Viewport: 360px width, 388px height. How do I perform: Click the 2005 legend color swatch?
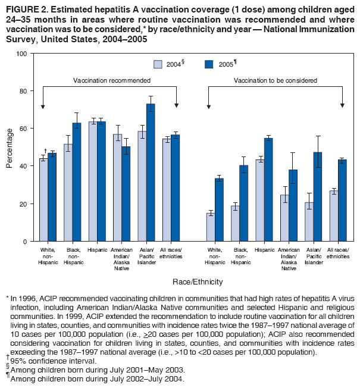click(209, 64)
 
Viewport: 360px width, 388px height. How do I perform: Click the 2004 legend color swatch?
click(159, 64)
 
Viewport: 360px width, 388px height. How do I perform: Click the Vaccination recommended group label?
click(112, 80)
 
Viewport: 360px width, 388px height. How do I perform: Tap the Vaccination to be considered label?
click(276, 80)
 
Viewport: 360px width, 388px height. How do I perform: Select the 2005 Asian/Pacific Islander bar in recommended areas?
click(151, 173)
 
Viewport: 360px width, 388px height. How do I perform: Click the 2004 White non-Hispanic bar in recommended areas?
click(43, 199)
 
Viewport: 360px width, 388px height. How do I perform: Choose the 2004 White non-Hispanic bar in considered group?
click(211, 227)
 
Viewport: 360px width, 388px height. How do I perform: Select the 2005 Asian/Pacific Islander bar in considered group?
click(318, 196)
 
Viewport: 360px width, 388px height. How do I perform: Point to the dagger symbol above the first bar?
click(46, 151)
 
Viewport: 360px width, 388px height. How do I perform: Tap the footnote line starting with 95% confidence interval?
click(48, 360)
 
